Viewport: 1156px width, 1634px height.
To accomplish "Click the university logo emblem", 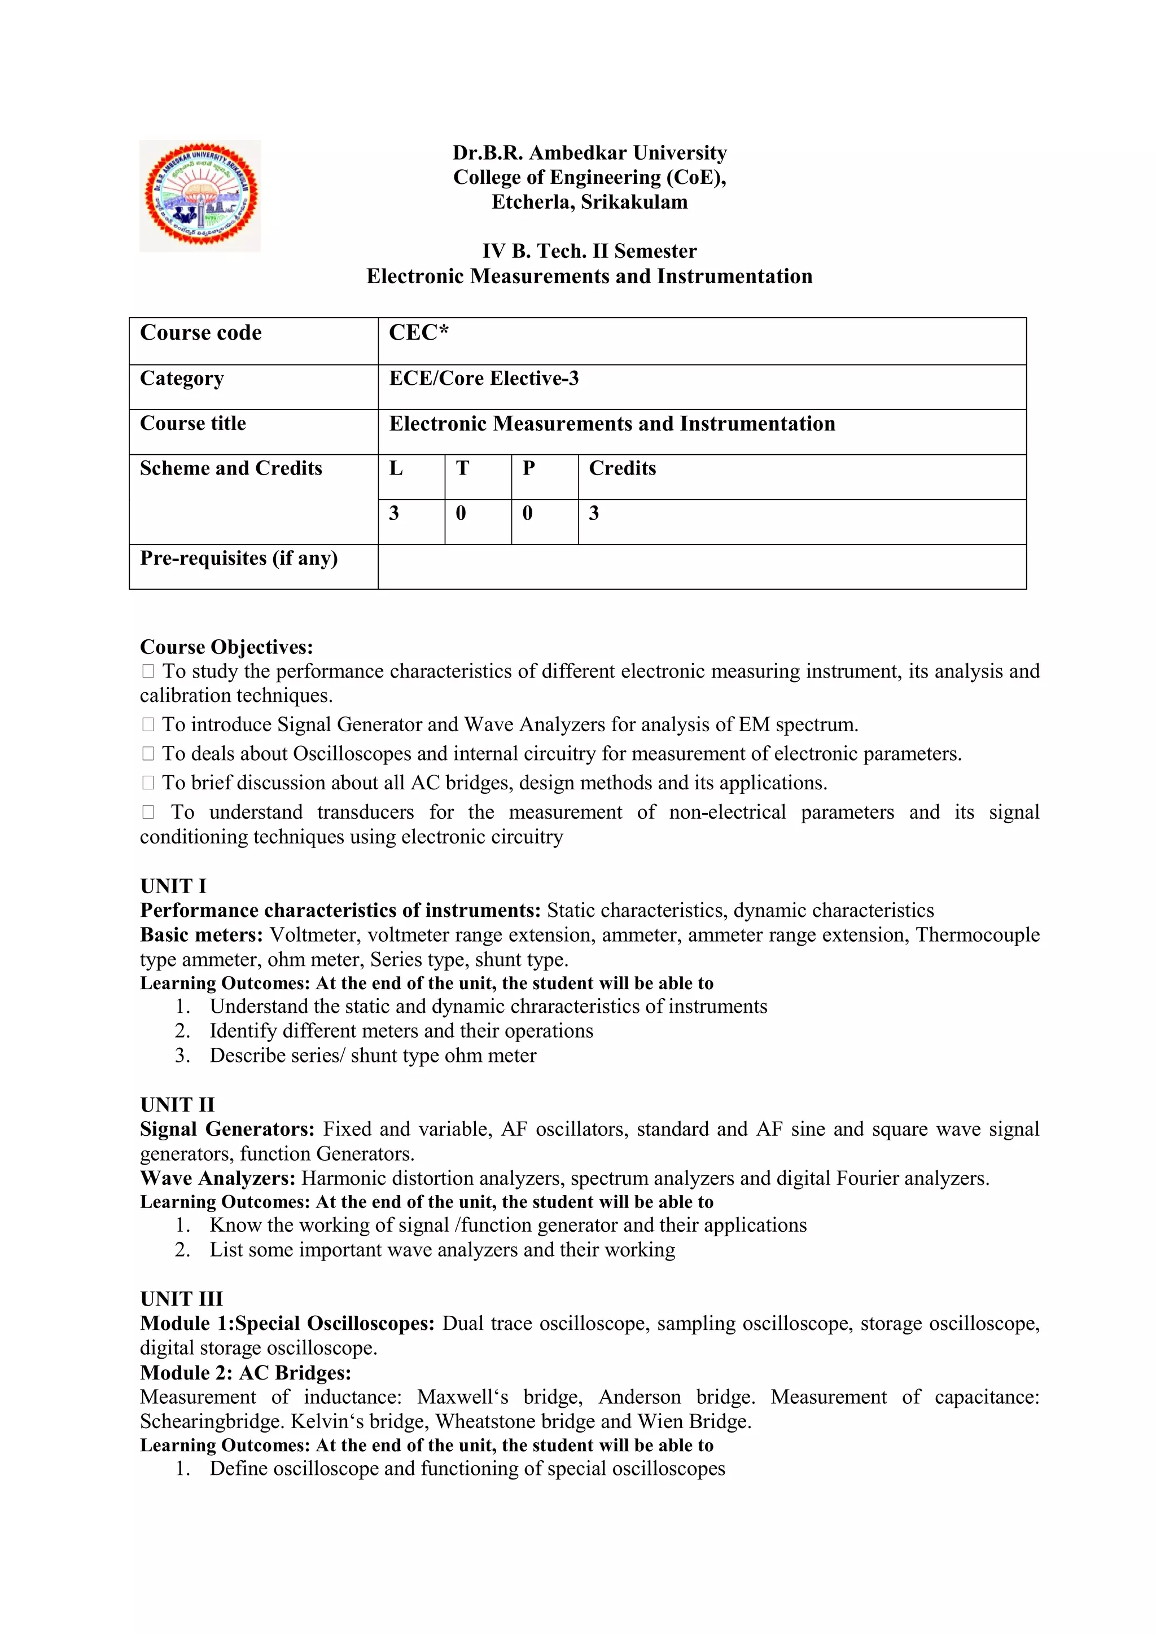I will point(200,196).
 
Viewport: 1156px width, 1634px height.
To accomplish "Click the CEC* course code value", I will point(419,333).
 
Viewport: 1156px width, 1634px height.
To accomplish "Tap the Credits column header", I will point(622,468).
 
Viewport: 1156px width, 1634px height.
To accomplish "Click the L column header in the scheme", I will point(396,468).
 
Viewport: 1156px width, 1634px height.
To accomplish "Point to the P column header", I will point(528,468).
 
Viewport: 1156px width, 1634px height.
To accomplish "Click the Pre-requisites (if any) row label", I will point(238,558).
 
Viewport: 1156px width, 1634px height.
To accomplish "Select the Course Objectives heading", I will point(226,647).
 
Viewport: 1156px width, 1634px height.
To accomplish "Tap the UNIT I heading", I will point(173,886).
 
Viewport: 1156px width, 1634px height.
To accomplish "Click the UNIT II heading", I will point(177,1105).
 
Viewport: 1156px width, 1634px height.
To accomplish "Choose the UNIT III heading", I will point(182,1299).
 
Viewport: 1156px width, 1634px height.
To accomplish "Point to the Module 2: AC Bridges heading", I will point(246,1372).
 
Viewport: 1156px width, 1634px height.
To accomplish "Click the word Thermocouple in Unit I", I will point(977,934).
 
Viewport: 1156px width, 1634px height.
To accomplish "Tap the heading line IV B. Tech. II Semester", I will point(589,251).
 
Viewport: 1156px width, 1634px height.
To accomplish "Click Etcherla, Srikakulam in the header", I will point(589,202).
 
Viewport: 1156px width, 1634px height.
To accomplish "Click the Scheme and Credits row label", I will point(231,468).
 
